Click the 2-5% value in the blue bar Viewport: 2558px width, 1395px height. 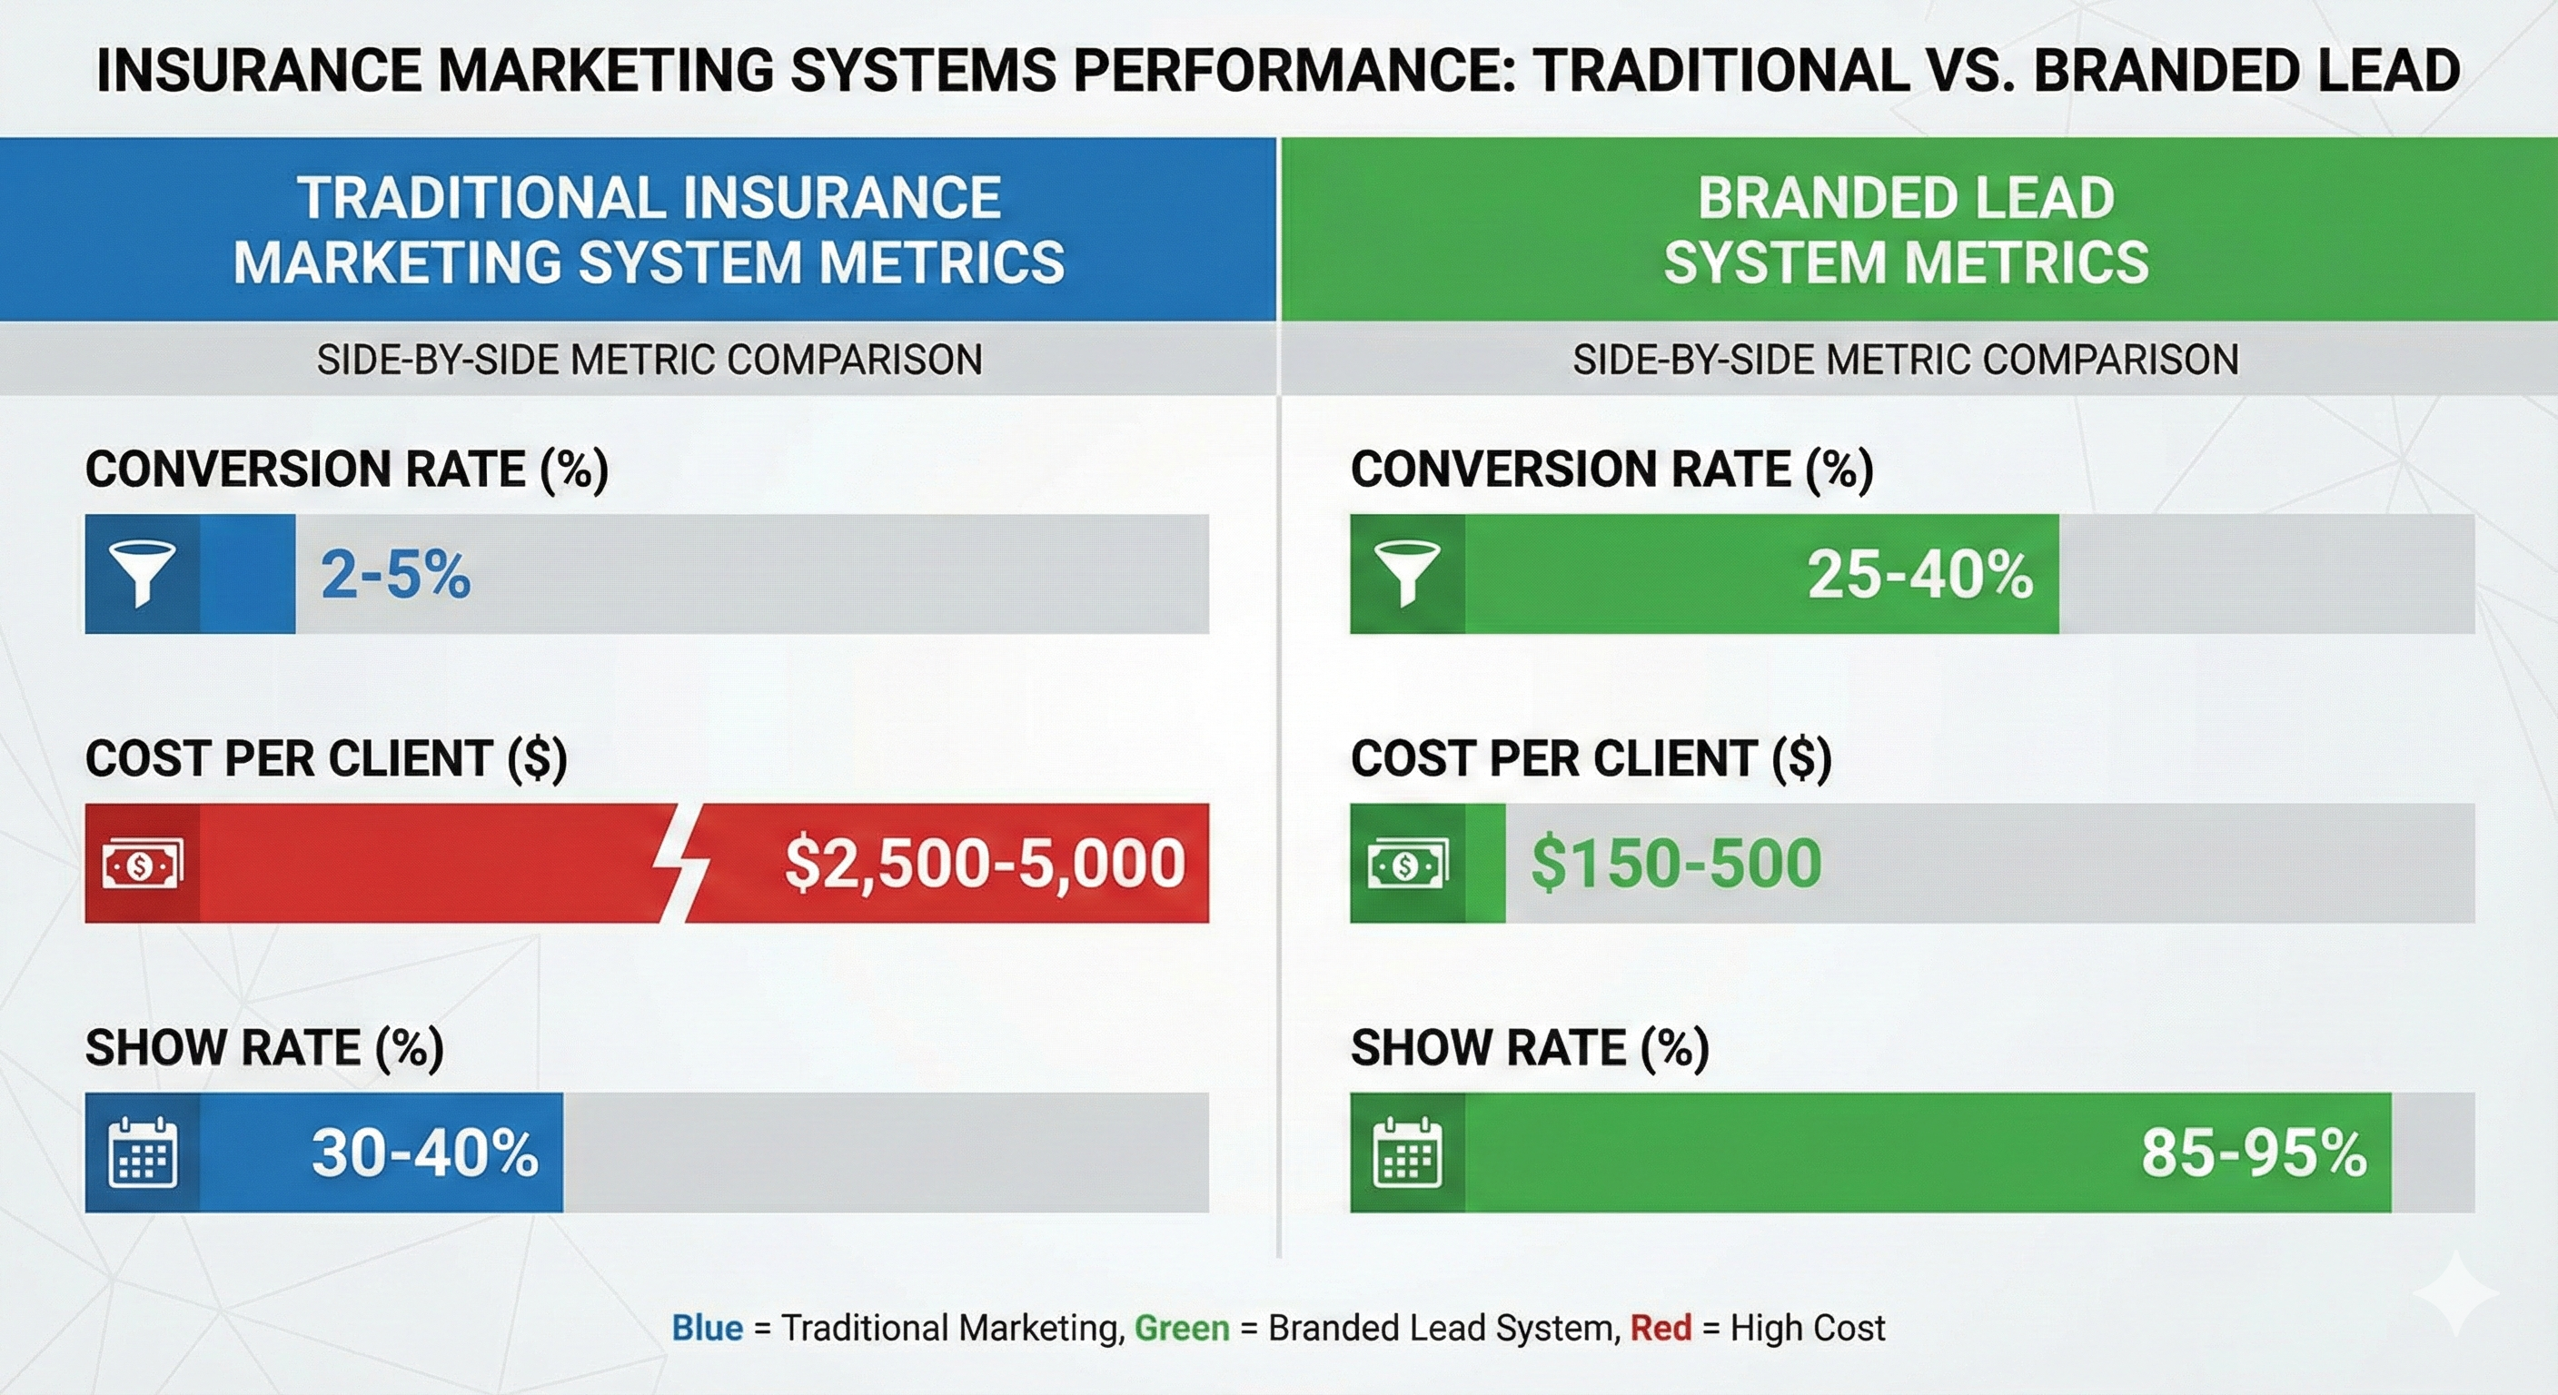[x=395, y=575]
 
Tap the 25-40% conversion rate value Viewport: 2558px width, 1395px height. [x=1919, y=575]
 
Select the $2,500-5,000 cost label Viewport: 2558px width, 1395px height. [x=984, y=863]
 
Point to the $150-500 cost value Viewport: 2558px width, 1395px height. [x=1676, y=863]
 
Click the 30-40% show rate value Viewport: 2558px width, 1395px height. [x=425, y=1153]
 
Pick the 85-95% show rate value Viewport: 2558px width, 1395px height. [x=2253, y=1153]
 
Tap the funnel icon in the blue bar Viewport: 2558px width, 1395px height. [x=142, y=574]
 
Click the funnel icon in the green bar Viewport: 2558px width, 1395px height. [x=1407, y=574]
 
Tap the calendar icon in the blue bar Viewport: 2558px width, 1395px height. [x=142, y=1153]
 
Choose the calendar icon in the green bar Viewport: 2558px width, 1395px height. [x=1407, y=1153]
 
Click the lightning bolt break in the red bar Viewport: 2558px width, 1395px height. [x=680, y=863]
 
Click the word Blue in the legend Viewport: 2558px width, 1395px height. [x=707, y=1329]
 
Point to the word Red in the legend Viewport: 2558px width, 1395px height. [x=1661, y=1329]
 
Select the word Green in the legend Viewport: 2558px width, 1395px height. [x=1182, y=1329]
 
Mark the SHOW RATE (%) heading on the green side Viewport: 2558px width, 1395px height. [x=1529, y=1048]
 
